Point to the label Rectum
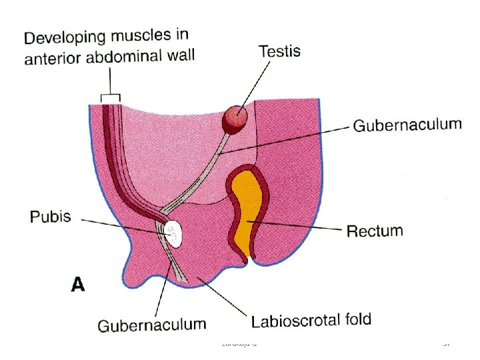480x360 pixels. point(374,232)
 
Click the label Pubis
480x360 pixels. point(50,218)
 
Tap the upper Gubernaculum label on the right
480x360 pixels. point(407,125)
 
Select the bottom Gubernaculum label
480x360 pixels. point(152,325)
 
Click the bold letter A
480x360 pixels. point(79,285)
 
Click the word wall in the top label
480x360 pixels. point(181,55)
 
